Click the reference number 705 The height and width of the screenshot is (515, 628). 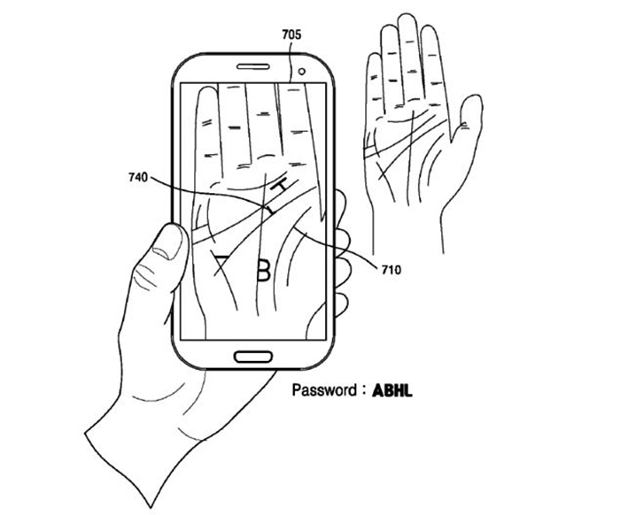pyautogui.click(x=291, y=35)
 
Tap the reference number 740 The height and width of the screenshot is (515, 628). pyautogui.click(x=138, y=177)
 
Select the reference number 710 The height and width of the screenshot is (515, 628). pyautogui.click(x=391, y=270)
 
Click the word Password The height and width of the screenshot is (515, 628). pyautogui.click(x=323, y=390)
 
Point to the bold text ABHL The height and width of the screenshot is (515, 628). pyautogui.click(x=392, y=390)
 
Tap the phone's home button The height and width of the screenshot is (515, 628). pyautogui.click(x=253, y=357)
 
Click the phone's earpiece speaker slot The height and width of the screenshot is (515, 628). pyautogui.click(x=253, y=66)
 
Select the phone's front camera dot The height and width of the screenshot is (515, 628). pyautogui.click(x=301, y=71)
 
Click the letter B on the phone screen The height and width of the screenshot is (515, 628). pyautogui.click(x=263, y=271)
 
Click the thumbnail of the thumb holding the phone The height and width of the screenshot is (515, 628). pyautogui.click(x=168, y=242)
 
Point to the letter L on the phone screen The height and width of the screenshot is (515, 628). pyautogui.click(x=271, y=210)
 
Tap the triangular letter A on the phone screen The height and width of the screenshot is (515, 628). pyautogui.click(x=221, y=262)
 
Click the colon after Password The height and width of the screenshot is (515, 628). pyautogui.click(x=364, y=389)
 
